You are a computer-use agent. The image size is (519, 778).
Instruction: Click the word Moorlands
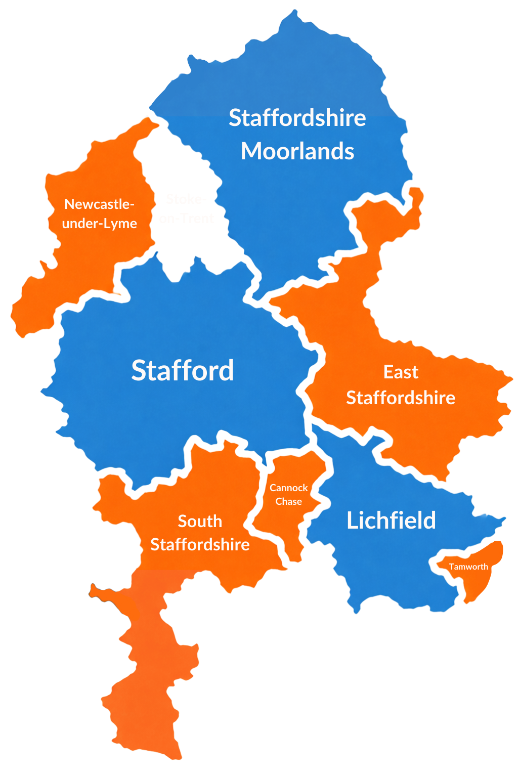coord(297,151)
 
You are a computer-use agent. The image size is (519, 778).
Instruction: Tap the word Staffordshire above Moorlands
coord(297,118)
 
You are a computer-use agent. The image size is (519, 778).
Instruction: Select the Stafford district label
coord(183,370)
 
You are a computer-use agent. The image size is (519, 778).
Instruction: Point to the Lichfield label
coord(391,521)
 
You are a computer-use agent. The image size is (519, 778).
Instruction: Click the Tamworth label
coord(468,567)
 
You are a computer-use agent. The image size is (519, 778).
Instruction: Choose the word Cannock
coord(288,488)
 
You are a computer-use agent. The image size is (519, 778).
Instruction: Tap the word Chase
coord(288,501)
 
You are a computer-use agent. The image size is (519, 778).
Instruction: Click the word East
coord(401,372)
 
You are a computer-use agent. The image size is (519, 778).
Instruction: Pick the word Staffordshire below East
coord(401,398)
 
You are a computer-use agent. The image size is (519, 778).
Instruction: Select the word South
coord(200,521)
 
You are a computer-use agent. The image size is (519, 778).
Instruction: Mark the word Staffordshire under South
coord(200,545)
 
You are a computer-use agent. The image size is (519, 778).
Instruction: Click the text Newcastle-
coord(99,204)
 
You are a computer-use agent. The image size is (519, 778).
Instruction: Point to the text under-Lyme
coord(99,224)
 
